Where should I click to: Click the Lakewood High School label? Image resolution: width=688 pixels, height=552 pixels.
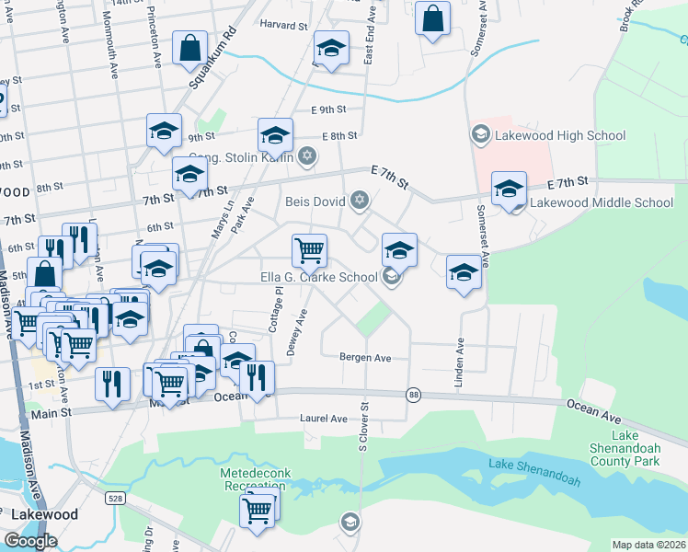pyautogui.click(x=559, y=136)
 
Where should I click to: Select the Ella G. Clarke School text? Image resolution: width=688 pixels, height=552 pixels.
pyautogui.click(x=319, y=277)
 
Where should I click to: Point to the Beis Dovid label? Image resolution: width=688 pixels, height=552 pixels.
pyautogui.click(x=315, y=200)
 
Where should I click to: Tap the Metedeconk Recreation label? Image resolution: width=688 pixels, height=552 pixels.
pyautogui.click(x=255, y=479)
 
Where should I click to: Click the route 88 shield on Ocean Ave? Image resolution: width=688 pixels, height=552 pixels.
pyautogui.click(x=413, y=394)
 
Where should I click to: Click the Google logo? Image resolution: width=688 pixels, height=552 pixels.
pyautogui.click(x=31, y=540)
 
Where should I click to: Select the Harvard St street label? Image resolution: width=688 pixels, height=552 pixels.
pyautogui.click(x=282, y=25)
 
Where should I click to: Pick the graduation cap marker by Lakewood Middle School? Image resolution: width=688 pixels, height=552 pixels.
pyautogui.click(x=509, y=189)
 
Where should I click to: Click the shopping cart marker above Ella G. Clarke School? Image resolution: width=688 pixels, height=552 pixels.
pyautogui.click(x=310, y=249)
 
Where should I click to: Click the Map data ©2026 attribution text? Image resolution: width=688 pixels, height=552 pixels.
pyautogui.click(x=649, y=545)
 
